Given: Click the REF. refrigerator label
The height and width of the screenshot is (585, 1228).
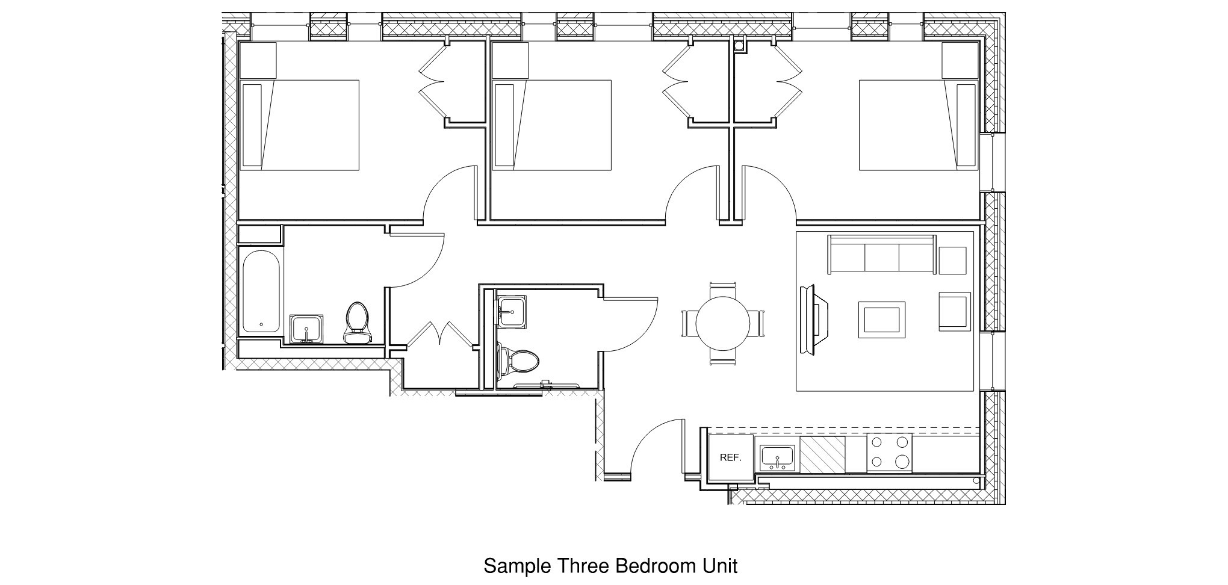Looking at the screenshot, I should [730, 458].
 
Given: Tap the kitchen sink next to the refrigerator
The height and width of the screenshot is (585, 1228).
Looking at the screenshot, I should [777, 458].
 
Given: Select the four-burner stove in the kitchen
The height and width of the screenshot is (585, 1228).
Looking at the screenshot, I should [889, 453].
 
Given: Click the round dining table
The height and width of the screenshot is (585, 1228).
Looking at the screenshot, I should [722, 324].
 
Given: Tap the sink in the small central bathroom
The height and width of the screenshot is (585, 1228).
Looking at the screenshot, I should [512, 311].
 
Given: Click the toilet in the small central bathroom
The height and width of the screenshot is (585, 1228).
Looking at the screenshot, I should [520, 362].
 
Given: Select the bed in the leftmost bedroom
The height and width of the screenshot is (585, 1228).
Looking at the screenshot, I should [300, 125].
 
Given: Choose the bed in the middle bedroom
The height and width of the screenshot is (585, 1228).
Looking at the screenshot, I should [551, 125].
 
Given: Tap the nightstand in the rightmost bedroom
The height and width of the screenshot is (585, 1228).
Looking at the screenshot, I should [960, 60].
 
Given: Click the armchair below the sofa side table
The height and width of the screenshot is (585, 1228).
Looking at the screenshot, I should [954, 311].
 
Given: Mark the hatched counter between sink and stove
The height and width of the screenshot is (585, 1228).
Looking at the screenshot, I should [823, 455].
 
